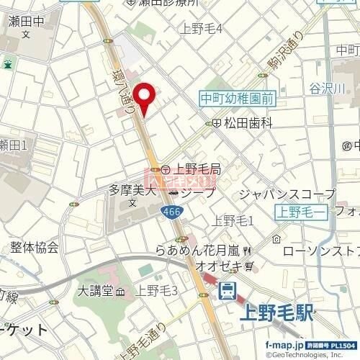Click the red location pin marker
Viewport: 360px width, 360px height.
pyautogui.click(x=146, y=97)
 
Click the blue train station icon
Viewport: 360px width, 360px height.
pyautogui.click(x=228, y=292)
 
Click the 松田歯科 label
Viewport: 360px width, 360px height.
pyautogui.click(x=248, y=123)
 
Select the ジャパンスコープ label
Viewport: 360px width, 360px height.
pyautogui.click(x=287, y=194)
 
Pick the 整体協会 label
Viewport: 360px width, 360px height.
pyautogui.click(x=35, y=248)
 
